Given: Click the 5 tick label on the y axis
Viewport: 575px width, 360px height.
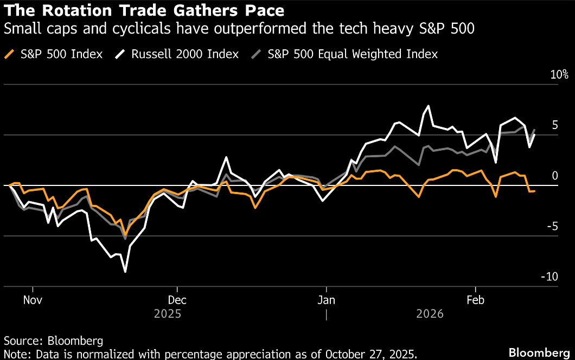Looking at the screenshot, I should (x=554, y=125).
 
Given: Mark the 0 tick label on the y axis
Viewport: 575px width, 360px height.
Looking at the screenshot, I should (x=554, y=176).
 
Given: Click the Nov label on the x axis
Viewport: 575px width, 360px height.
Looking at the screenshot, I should (x=34, y=300).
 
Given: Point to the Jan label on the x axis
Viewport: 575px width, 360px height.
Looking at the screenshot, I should (x=326, y=300).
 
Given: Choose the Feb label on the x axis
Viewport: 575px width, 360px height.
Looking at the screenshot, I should (x=475, y=300).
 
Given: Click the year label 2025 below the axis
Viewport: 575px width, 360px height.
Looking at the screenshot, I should (x=168, y=314).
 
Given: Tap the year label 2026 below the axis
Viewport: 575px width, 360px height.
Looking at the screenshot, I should (x=430, y=314).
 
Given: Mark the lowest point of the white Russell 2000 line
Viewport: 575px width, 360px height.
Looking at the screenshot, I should (x=125, y=272).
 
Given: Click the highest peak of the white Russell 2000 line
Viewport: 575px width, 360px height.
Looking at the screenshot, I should (x=429, y=106).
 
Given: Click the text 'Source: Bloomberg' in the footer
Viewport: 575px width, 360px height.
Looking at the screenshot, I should (x=53, y=341).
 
